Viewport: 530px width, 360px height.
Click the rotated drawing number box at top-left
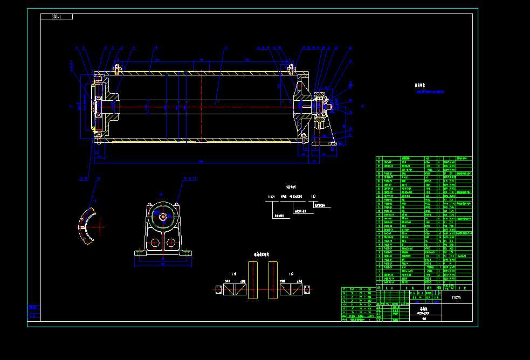click(57, 17)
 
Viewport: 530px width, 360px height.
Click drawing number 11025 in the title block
click(456, 297)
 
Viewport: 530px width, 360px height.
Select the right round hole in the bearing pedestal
click(171, 242)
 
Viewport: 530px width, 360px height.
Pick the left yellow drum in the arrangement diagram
click(253, 280)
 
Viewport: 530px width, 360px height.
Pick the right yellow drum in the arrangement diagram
click(272, 280)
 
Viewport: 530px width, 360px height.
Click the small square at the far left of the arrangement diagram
click(218, 289)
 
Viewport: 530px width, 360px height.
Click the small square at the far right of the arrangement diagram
click(307, 289)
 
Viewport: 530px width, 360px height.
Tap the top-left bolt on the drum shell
click(116, 68)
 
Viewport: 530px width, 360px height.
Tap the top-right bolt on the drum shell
click(291, 68)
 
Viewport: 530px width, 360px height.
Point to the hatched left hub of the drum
click(111, 106)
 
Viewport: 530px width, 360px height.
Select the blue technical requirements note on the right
click(429, 92)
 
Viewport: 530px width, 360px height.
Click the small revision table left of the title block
click(358, 304)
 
